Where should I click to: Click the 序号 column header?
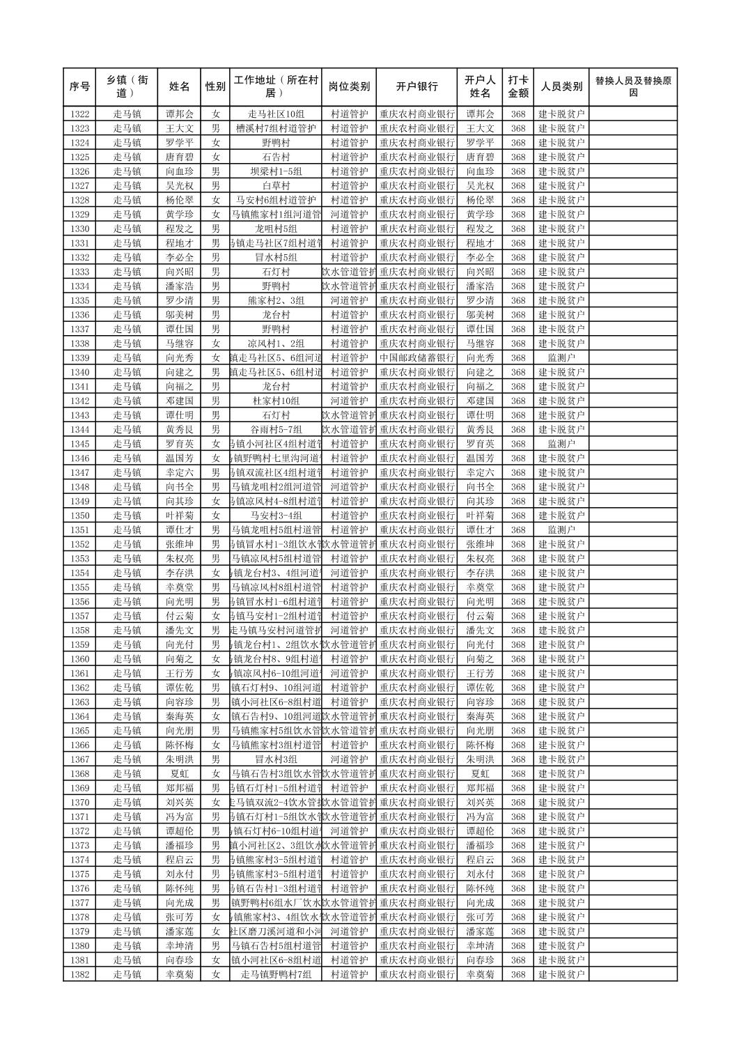pyautogui.click(x=79, y=87)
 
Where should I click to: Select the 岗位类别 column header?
pyautogui.click(x=349, y=87)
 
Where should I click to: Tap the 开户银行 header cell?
pyautogui.click(x=416, y=87)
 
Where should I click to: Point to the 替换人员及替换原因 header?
pyautogui.click(x=632, y=87)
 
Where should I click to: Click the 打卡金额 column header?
pyautogui.click(x=517, y=87)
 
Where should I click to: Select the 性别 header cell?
pyautogui.click(x=215, y=87)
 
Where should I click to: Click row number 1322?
pyautogui.click(x=79, y=114)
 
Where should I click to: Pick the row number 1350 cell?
pyautogui.click(x=79, y=516)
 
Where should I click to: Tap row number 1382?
pyautogui.click(x=79, y=975)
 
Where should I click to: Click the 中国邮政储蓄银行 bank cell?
pyautogui.click(x=416, y=358)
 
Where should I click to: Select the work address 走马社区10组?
pyautogui.click(x=275, y=114)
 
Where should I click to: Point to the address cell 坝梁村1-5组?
pyautogui.click(x=275, y=171)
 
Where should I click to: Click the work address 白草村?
pyautogui.click(x=275, y=186)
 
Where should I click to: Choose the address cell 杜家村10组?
pyautogui.click(x=275, y=401)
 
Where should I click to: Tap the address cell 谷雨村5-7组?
pyautogui.click(x=275, y=430)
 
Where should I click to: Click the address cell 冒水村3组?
pyautogui.click(x=275, y=759)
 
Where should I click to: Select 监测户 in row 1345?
pyautogui.click(x=561, y=444)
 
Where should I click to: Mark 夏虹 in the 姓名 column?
pyautogui.click(x=179, y=774)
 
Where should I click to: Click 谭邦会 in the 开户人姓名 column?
pyautogui.click(x=480, y=114)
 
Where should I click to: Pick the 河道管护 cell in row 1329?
pyautogui.click(x=349, y=215)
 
